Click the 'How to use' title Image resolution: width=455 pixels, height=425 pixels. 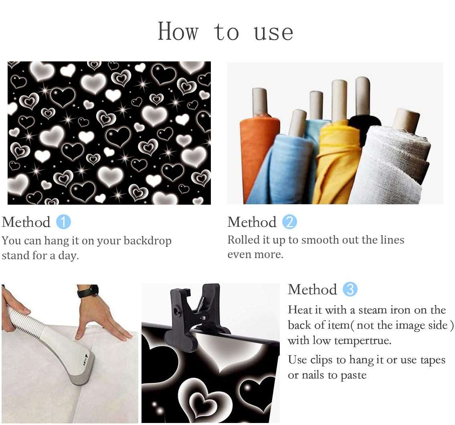(225, 31)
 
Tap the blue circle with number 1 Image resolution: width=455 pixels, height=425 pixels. (63, 222)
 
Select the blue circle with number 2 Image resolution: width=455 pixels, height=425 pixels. (289, 222)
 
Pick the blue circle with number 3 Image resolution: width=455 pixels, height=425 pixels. (350, 289)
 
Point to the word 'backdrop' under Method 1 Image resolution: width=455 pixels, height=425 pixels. (148, 241)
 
